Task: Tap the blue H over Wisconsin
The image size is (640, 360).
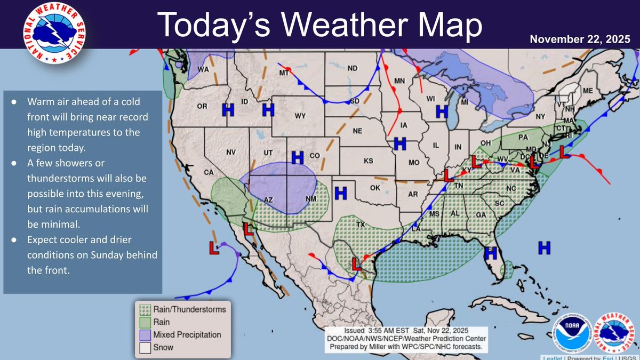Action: coord(441,111)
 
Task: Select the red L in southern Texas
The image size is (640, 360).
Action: coord(356,263)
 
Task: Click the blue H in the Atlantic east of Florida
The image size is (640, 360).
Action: coord(544,246)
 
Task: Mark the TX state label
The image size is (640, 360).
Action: coord(361,225)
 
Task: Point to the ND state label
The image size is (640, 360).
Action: coord(353,68)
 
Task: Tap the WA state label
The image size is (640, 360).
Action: coord(203,69)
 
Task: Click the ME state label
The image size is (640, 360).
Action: coord(587,91)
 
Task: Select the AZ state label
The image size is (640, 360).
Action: coord(269,200)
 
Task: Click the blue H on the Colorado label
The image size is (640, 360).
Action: coord(297,156)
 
